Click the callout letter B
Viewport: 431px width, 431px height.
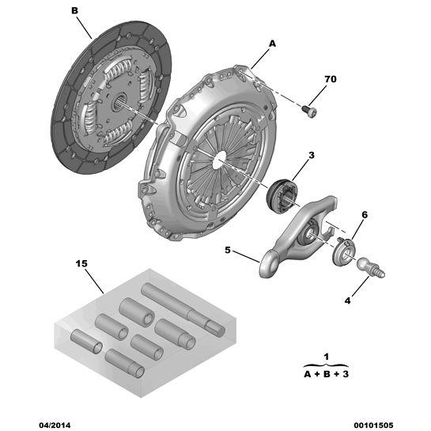point(75,11)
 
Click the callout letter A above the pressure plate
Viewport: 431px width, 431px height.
point(272,43)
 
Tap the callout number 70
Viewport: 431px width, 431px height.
point(331,79)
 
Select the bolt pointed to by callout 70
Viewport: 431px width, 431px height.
point(309,112)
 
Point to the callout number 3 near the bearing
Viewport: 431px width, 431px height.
point(311,155)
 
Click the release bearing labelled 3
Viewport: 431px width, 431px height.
point(282,195)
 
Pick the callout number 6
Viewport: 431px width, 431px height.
point(365,215)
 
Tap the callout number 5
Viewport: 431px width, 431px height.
point(228,250)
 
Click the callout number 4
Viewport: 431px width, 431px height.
point(348,301)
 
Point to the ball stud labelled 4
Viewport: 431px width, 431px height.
point(370,267)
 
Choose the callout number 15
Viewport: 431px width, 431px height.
point(81,264)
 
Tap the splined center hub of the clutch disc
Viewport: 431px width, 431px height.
point(120,101)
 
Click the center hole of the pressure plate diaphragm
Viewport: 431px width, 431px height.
point(220,160)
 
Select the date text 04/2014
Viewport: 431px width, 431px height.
point(55,425)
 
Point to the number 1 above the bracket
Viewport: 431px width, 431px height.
point(327,357)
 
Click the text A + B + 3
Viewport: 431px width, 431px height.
point(327,374)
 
